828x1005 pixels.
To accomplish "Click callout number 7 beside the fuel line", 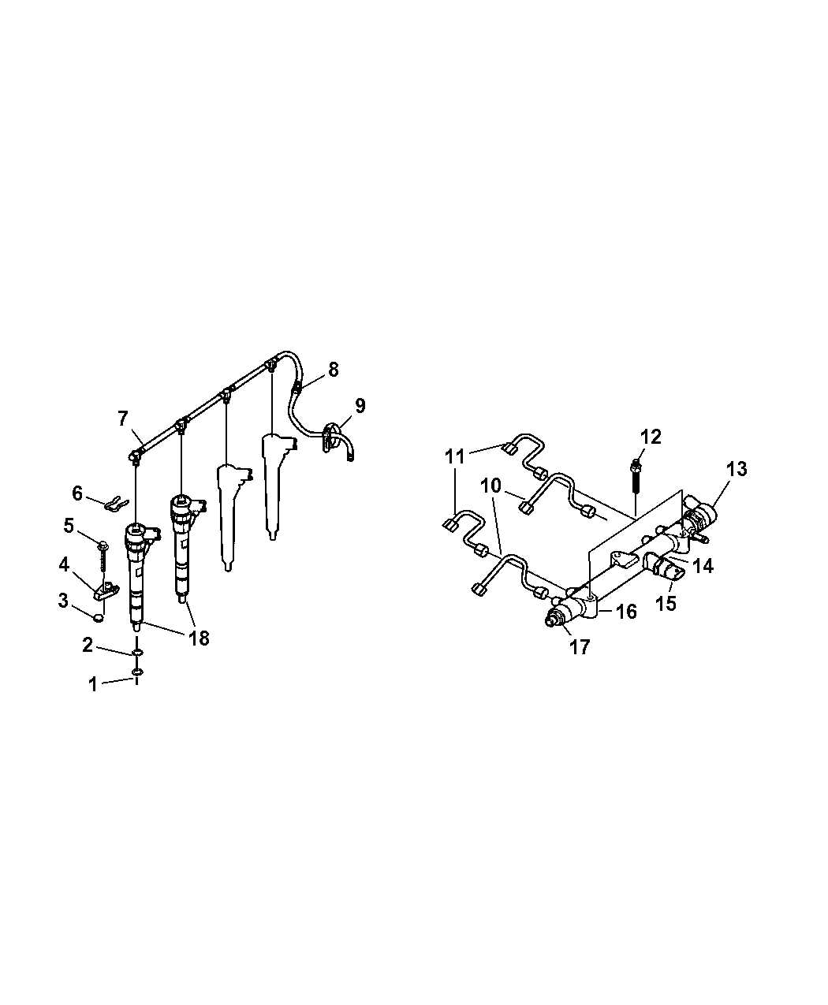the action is (123, 419).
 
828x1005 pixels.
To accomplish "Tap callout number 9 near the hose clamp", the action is (360, 405).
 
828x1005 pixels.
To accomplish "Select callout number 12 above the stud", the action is (651, 437).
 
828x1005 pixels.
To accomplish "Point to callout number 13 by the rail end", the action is (737, 469).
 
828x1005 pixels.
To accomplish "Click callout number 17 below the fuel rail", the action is (580, 647).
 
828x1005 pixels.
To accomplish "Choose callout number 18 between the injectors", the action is (199, 638).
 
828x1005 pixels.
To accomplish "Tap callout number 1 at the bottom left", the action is (93, 684).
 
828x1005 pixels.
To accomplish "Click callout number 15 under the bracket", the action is (666, 603).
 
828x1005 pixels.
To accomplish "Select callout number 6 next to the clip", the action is (77, 493).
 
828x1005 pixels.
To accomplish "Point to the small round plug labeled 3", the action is (99, 617).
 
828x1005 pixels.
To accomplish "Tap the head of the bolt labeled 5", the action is (103, 545).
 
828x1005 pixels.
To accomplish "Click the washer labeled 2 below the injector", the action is (137, 653).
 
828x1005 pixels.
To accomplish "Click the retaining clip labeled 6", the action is (116, 504).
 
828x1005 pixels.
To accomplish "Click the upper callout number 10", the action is (490, 486).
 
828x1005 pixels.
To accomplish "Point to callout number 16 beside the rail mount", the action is (627, 612).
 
